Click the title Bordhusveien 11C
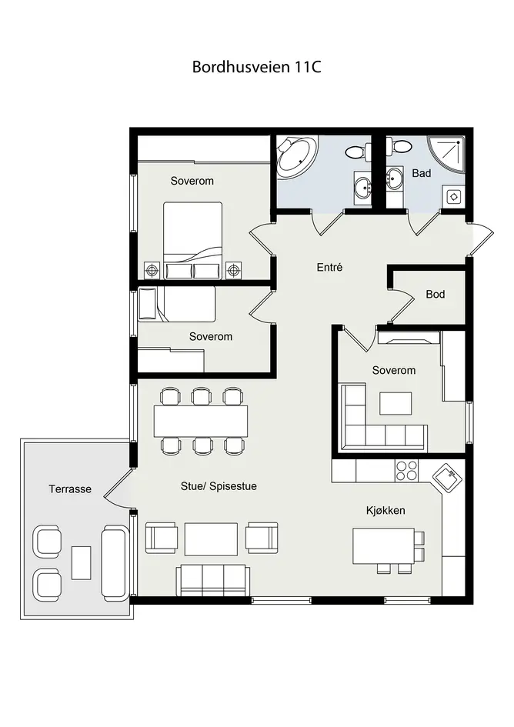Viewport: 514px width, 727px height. coord(256,67)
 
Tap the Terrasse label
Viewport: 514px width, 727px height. coord(70,489)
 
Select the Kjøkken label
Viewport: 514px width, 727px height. coord(385,511)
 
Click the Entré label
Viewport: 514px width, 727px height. coord(329,267)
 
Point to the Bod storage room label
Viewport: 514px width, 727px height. coord(436,294)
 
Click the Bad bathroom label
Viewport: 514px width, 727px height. coord(421,173)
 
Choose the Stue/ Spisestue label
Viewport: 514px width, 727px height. coord(219,486)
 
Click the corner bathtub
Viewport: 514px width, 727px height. coord(296,158)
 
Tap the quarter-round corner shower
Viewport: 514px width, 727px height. coord(446,155)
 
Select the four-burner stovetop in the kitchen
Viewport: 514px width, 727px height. coord(406,471)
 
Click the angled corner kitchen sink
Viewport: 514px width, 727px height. coord(447,478)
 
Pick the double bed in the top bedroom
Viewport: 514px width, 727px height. coord(192,241)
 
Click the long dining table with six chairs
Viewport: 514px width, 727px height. coord(200,421)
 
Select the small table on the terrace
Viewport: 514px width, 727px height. coord(82,562)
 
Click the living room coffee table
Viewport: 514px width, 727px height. coord(211,539)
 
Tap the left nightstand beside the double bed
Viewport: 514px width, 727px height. coord(152,270)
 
